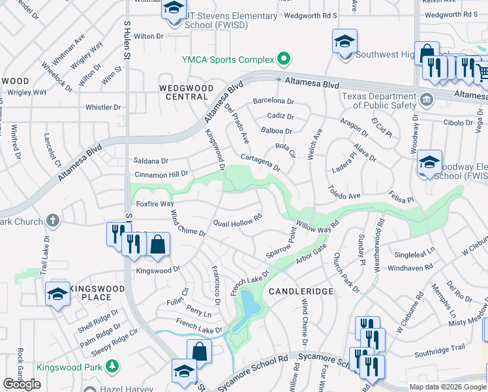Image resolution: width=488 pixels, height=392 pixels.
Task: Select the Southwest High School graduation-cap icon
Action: point(344,42)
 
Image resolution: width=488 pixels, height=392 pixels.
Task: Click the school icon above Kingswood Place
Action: point(57,295)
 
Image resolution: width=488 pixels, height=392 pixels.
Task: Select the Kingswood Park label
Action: point(67,367)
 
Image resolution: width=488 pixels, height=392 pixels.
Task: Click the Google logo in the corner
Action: point(22,384)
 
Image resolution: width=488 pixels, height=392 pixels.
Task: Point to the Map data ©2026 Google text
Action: point(447,387)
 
